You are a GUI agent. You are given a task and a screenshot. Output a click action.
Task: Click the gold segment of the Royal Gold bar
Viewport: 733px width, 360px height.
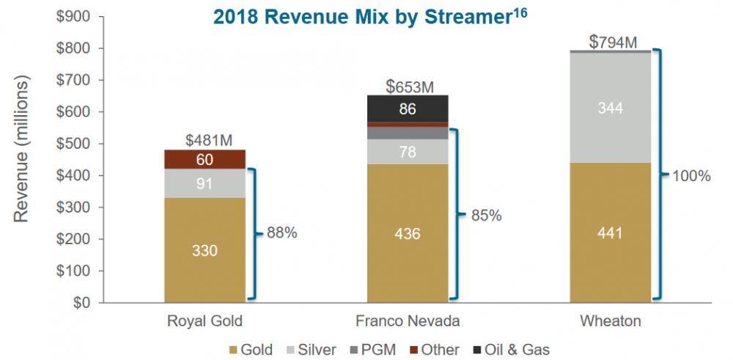tap(205, 249)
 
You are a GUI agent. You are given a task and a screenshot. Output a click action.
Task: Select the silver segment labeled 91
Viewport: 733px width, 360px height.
tap(205, 183)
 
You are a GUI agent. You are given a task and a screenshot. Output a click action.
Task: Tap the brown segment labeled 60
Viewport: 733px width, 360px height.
tap(205, 159)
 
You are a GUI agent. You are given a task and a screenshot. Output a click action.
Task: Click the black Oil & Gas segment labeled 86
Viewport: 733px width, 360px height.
tap(408, 109)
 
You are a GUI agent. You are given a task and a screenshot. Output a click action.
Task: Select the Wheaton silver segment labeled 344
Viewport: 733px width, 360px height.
tap(610, 108)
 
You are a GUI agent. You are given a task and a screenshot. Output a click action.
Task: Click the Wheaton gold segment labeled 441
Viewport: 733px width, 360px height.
tap(610, 234)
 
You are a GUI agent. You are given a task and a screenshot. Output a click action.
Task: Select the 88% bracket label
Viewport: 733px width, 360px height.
tap(282, 234)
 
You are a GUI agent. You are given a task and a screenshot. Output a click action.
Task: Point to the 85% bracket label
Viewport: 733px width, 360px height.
tap(486, 216)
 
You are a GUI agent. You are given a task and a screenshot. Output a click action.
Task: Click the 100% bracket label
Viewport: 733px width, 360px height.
tap(692, 176)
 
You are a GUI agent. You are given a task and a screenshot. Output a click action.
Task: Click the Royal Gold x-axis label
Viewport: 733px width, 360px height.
tap(205, 320)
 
